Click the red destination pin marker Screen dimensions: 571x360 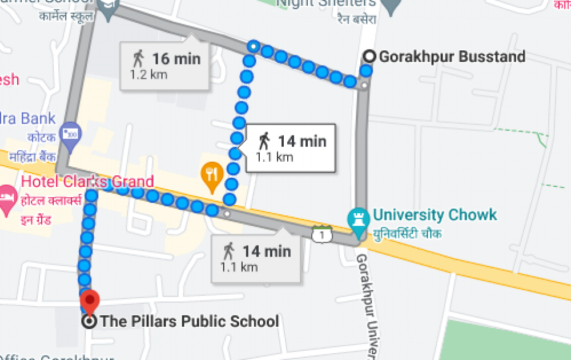click(x=90, y=299)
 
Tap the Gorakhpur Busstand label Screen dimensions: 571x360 click(x=452, y=57)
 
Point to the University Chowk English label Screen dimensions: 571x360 click(x=435, y=215)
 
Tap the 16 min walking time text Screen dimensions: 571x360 click(x=176, y=58)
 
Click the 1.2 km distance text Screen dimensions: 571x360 click(x=148, y=75)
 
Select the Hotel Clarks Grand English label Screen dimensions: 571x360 click(x=87, y=182)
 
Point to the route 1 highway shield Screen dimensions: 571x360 click(x=322, y=234)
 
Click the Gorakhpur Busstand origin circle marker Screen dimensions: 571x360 click(x=370, y=57)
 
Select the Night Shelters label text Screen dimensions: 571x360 click(x=326, y=3)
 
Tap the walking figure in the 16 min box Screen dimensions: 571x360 click(x=138, y=58)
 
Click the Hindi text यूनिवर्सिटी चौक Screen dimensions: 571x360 click(x=407, y=234)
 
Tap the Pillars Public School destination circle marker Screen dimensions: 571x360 click(x=89, y=321)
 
